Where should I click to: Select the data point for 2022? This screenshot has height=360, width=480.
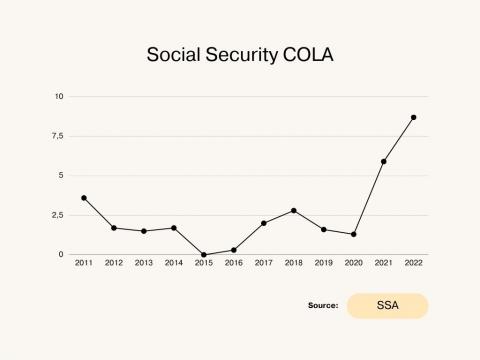413,117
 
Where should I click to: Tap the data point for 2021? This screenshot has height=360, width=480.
383,161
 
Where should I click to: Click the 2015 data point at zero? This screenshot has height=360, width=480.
204,254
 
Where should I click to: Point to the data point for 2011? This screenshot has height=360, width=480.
84,198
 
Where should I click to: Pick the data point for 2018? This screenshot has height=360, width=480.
293,210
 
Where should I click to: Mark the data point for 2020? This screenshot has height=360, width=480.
353,234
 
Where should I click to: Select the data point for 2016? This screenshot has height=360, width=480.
234,250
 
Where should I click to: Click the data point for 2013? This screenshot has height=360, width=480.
144,231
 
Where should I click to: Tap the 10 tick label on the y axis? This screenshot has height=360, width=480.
59,96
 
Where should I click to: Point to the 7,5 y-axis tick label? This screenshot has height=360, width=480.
57,136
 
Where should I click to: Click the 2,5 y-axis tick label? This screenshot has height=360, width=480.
57,215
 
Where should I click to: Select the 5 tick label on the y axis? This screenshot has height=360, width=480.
61,175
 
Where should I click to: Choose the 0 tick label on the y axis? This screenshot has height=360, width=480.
61,254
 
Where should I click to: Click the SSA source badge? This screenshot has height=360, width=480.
387,306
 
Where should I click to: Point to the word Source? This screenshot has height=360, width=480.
322,306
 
